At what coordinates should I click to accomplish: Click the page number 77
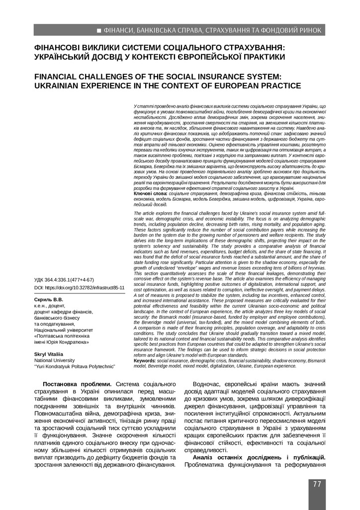[317, 485]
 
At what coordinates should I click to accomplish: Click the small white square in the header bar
[99, 31]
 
